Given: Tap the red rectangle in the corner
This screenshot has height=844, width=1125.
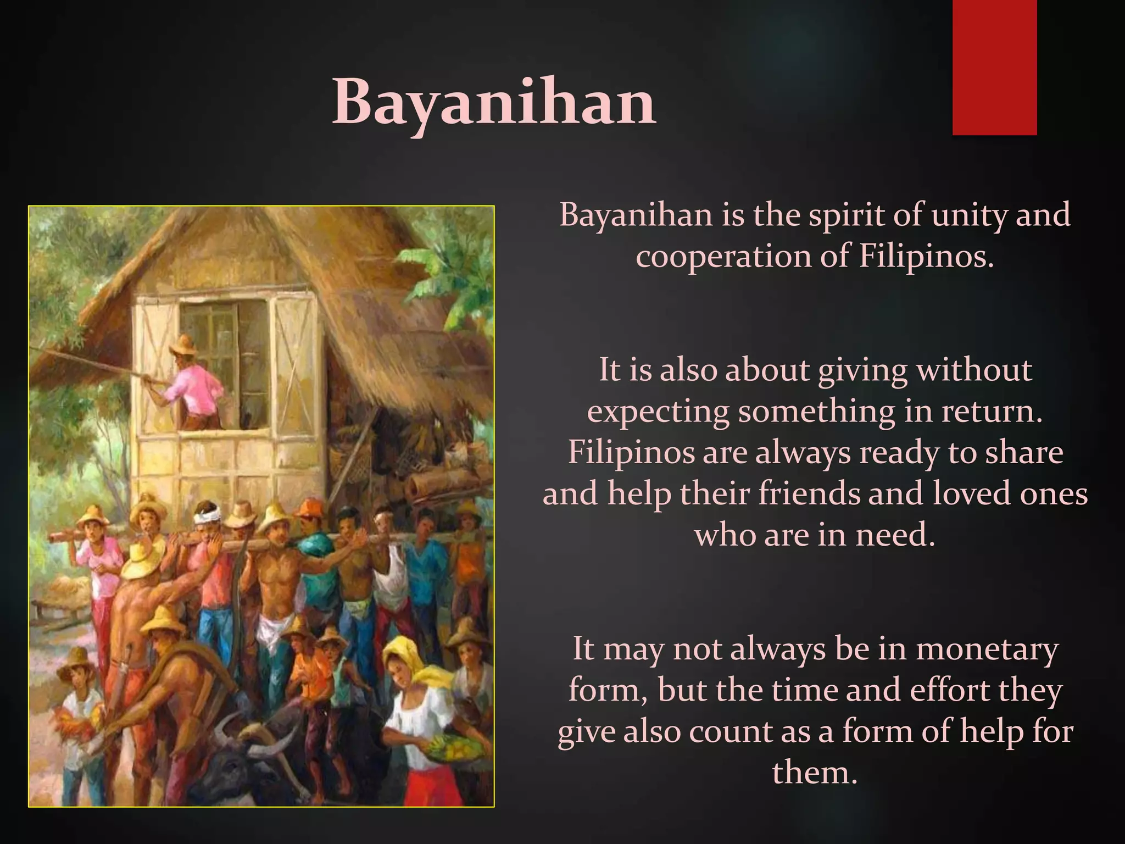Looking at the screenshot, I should tap(994, 67).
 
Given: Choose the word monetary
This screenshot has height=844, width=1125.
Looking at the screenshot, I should tap(987, 649).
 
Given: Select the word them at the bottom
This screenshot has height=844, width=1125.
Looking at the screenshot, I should tap(815, 773).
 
